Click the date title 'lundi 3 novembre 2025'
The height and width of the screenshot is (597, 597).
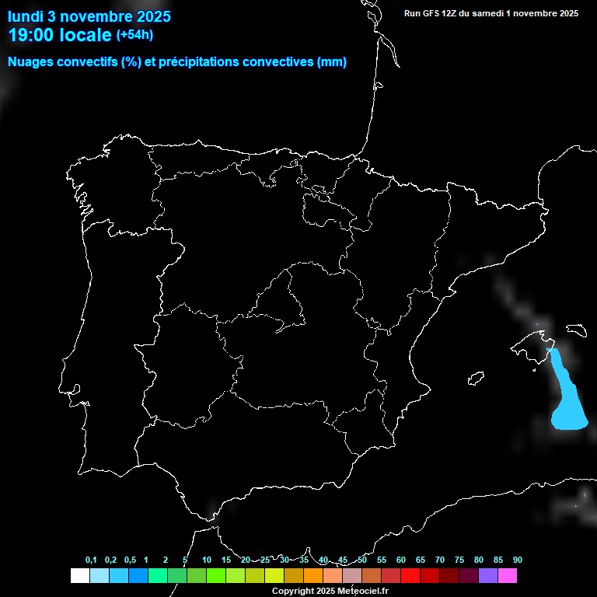[x=89, y=16]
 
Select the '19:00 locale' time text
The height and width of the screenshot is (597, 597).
[x=60, y=36]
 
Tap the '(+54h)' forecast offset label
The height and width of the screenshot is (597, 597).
[x=134, y=35]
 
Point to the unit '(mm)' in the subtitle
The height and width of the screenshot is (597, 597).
[x=332, y=62]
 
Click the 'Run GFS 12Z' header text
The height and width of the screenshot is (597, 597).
[x=438, y=13]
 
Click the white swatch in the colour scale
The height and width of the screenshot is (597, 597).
[x=79, y=576]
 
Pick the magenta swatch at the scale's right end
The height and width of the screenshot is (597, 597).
[x=508, y=576]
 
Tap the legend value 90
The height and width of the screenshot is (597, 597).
[x=517, y=560]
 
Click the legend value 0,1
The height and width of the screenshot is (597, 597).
[x=91, y=560]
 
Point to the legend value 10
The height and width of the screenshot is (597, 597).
[x=207, y=560]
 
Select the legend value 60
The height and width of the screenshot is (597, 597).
[x=400, y=560]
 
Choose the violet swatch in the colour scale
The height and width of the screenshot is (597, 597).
[x=488, y=576]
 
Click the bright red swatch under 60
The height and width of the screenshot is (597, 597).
[x=410, y=576]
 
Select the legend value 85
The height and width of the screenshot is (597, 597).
[x=497, y=560]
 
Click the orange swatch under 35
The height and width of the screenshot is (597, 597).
[x=312, y=576]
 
